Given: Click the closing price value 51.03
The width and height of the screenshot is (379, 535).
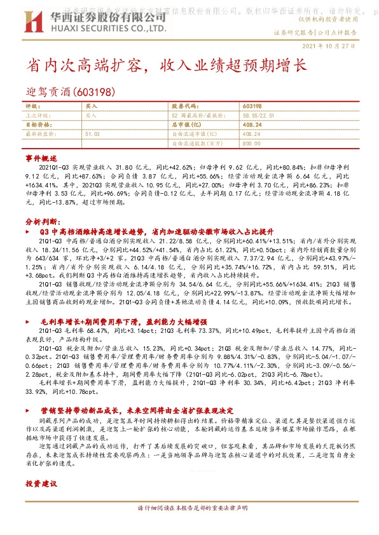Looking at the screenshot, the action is (92, 135).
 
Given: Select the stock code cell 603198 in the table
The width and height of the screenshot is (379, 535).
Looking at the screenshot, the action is (252, 107).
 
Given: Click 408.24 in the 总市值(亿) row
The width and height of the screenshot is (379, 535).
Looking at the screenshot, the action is (252, 126).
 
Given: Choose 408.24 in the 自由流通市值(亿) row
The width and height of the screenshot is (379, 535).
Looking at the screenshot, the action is (252, 135).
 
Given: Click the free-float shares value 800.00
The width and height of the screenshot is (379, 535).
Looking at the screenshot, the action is (251, 144).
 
